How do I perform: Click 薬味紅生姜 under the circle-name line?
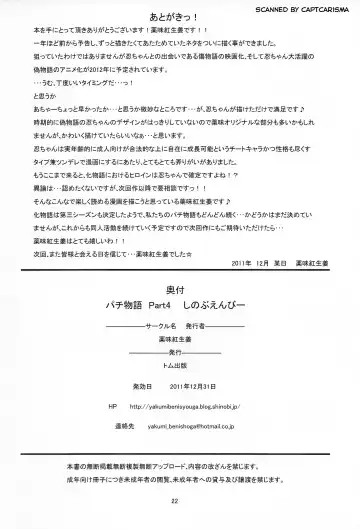click(180, 312)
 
